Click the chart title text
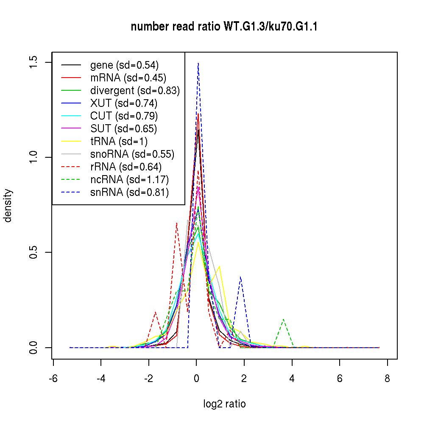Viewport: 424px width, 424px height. [x=224, y=27]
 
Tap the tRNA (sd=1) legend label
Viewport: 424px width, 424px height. [x=119, y=142]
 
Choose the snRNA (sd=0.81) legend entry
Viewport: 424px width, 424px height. [x=129, y=192]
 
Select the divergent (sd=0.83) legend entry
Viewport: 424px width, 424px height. [x=135, y=91]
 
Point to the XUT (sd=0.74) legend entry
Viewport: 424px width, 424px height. [x=123, y=103]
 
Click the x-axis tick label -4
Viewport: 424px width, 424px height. [x=101, y=379]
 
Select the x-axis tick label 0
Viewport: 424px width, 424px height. [x=196, y=379]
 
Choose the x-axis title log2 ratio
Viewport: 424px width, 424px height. [x=224, y=404]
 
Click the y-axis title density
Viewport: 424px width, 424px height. [x=8, y=205]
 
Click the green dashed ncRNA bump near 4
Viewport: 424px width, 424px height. [x=283, y=319]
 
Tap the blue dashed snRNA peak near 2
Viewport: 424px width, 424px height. [x=240, y=277]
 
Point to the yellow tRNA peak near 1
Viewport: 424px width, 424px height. [x=219, y=266]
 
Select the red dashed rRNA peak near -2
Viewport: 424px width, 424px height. [x=156, y=312]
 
